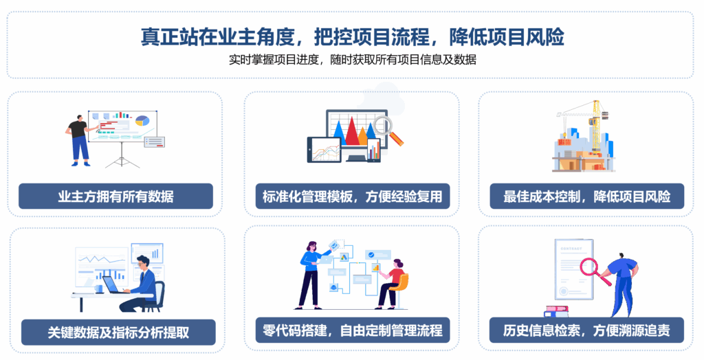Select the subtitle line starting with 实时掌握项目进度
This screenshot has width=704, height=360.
coord(353,59)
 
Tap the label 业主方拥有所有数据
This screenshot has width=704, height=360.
coord(115,196)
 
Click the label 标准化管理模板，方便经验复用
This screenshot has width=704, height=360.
coord(353,196)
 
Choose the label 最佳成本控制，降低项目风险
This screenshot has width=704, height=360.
coord(587,196)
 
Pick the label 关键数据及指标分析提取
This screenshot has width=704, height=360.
coord(118,332)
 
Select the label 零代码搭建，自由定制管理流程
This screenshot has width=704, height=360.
coord(353,330)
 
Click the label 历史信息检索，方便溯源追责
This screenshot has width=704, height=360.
coord(586,330)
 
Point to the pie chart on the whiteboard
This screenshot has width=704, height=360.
coord(142,120)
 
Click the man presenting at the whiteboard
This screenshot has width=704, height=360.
coord(80,140)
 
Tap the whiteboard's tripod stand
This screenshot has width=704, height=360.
coord(122,155)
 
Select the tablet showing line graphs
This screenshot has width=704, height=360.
coord(324,150)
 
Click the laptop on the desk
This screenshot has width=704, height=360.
coord(113,285)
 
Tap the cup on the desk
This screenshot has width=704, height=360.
coord(99,289)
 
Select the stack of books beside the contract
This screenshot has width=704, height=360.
coord(556,311)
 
